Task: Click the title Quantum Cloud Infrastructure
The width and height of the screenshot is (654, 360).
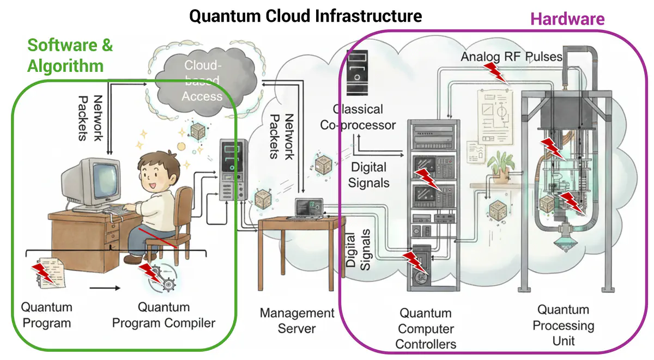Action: pos(305,16)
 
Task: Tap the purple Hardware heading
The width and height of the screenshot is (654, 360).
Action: pos(567,19)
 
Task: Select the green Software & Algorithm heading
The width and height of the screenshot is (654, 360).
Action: pos(70,56)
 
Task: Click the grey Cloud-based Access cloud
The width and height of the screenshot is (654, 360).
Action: pos(202,82)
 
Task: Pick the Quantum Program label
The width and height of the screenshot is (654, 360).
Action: pos(46,315)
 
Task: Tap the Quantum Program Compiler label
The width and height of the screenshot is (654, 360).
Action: pos(163,315)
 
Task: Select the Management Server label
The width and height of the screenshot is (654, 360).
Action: pos(296,321)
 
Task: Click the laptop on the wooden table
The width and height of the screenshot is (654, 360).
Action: pos(309,209)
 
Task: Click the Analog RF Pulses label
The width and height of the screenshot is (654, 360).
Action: pos(511,57)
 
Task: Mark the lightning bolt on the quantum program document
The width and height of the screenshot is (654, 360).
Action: pos(43,272)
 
